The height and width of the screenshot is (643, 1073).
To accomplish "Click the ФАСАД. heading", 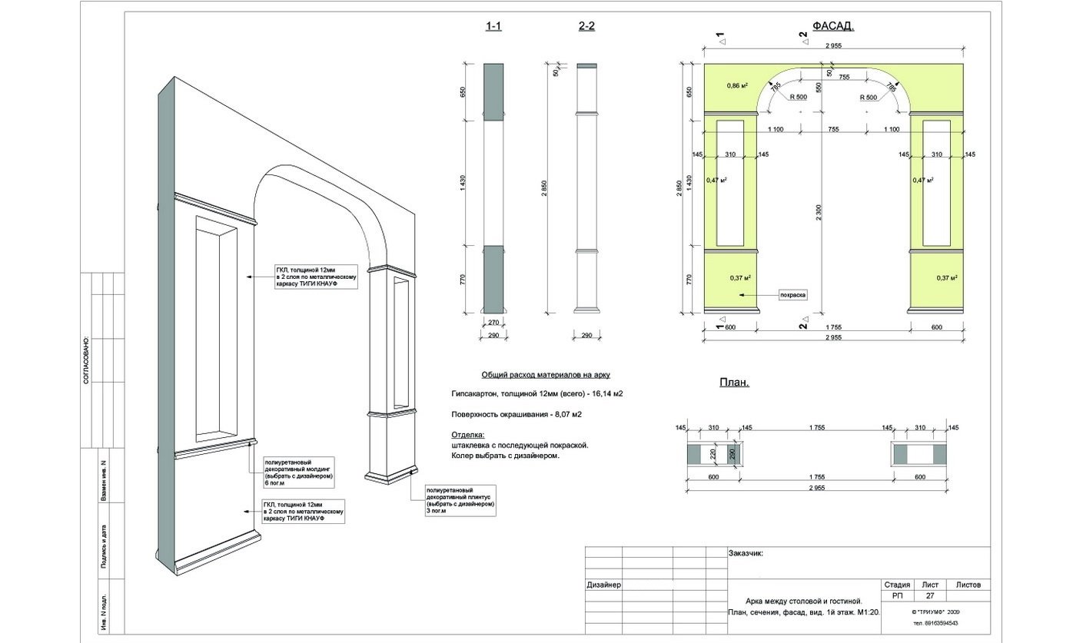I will click(832, 26).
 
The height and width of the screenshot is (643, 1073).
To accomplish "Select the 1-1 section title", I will click(493, 26).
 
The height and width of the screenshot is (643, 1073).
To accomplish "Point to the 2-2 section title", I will click(586, 26).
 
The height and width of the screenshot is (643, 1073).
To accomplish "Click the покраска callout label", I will click(792, 294).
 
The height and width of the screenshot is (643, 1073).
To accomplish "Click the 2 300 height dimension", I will click(821, 217).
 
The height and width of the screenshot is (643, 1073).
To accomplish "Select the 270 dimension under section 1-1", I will click(493, 324).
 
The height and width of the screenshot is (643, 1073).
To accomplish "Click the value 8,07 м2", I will click(566, 414).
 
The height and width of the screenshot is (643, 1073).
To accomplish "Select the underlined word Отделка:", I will click(468, 435).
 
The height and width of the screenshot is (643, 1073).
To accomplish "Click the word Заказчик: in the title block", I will click(745, 552).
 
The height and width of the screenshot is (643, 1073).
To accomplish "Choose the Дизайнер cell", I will click(603, 585).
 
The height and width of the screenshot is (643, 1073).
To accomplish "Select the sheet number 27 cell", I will click(929, 595).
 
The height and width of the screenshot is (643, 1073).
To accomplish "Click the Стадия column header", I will click(897, 585).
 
